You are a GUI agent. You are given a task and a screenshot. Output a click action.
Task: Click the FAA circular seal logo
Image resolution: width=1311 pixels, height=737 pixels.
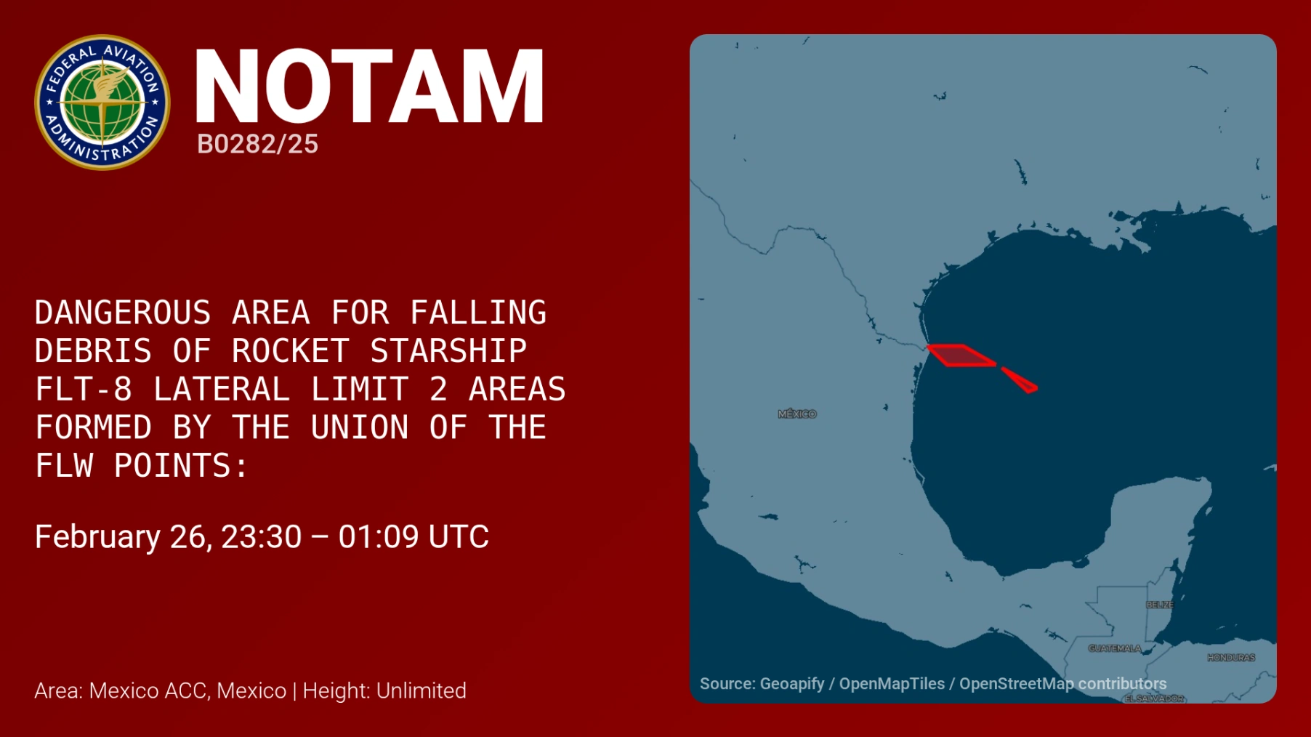(x=102, y=102)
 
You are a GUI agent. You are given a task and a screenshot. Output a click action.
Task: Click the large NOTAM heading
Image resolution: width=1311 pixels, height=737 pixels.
(x=369, y=86)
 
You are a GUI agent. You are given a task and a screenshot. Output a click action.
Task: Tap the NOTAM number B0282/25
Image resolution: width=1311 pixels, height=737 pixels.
(x=257, y=144)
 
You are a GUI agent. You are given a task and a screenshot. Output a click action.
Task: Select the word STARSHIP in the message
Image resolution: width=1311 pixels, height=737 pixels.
(x=448, y=351)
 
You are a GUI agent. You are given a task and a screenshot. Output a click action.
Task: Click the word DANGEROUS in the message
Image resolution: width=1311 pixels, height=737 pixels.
(x=123, y=313)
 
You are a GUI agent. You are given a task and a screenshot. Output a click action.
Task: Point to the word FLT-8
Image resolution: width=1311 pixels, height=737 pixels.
(x=84, y=390)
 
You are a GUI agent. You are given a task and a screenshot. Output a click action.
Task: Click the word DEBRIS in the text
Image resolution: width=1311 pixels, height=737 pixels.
(x=94, y=351)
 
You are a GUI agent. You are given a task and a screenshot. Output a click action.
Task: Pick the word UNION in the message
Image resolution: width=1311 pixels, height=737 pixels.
(x=360, y=427)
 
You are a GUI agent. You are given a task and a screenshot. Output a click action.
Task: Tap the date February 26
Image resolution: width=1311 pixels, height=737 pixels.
(x=124, y=537)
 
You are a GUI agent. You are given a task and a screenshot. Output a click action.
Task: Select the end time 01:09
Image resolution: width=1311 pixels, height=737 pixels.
(x=379, y=537)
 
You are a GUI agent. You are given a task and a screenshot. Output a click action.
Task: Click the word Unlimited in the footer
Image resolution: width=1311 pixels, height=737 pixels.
(x=421, y=690)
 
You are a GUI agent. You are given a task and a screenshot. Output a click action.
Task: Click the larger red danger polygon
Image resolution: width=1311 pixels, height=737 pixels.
(x=960, y=355)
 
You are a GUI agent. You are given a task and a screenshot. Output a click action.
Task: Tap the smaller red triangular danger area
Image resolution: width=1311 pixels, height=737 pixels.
(x=1020, y=380)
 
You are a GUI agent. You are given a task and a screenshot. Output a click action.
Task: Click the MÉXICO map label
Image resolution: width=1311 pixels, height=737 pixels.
(x=797, y=414)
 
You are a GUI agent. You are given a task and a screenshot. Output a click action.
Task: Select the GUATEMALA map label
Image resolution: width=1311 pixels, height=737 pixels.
(x=1115, y=648)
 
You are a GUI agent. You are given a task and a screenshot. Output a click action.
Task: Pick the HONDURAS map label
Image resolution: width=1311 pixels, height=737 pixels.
(x=1231, y=658)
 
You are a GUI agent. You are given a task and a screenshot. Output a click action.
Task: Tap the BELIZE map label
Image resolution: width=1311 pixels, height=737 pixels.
(x=1160, y=605)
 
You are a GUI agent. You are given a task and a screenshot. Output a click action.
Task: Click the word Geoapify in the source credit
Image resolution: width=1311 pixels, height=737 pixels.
(x=792, y=684)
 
